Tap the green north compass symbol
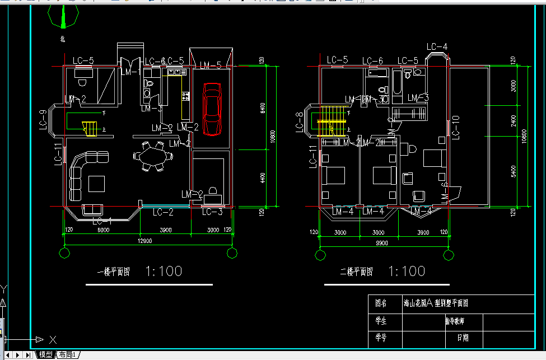coord(63,15)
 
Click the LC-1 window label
coord(101,221)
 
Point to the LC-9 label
coord(43,120)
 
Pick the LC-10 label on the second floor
coord(455,127)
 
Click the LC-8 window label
coord(300,123)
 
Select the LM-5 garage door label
coord(211,66)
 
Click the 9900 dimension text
coord(382,244)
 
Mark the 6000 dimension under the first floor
coord(103,231)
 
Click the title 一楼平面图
coord(114,272)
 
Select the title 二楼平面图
coord(356,272)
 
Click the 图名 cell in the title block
coord(381,303)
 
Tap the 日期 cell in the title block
coord(462,338)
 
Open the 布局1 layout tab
coord(68,355)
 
